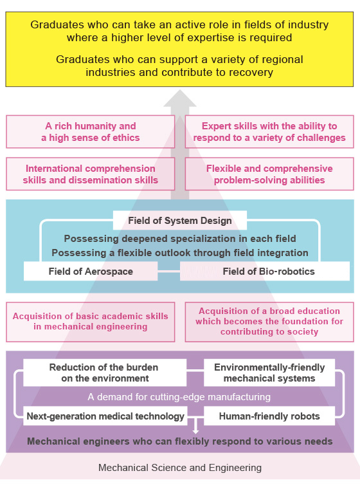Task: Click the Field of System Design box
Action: point(180,221)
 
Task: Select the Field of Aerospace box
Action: point(91,271)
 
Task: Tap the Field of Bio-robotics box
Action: point(265,271)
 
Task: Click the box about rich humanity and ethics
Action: point(91,132)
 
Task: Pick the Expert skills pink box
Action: point(269,132)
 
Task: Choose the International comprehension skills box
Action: point(91,174)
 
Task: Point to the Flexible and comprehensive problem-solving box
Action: point(269,174)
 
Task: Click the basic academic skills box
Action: point(91,322)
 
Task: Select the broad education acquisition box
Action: point(269,322)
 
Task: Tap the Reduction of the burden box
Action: point(105,373)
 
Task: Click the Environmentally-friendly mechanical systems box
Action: point(269,373)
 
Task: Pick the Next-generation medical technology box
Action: point(105,416)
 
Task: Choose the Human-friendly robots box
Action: point(269,416)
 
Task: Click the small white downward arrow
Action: point(195,426)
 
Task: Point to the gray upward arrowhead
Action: point(180,98)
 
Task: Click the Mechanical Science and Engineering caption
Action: point(180,468)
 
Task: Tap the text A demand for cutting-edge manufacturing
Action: point(179,397)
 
